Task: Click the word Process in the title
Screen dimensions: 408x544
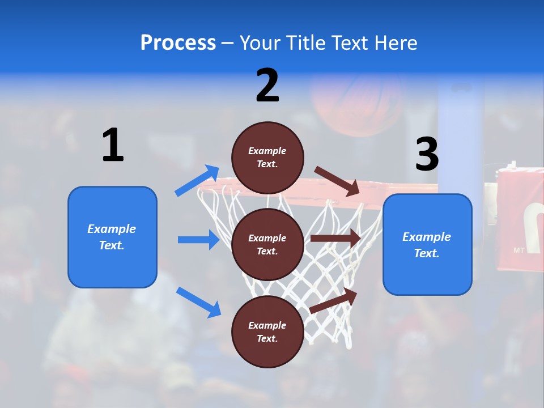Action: (178, 43)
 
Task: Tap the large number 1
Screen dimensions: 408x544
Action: (113, 146)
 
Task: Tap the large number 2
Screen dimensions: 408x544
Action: (267, 86)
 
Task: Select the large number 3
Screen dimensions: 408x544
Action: (427, 154)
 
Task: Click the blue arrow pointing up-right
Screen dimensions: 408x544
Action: (197, 181)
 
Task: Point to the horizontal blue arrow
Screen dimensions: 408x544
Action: (198, 240)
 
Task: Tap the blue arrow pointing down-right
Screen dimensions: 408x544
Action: (198, 302)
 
